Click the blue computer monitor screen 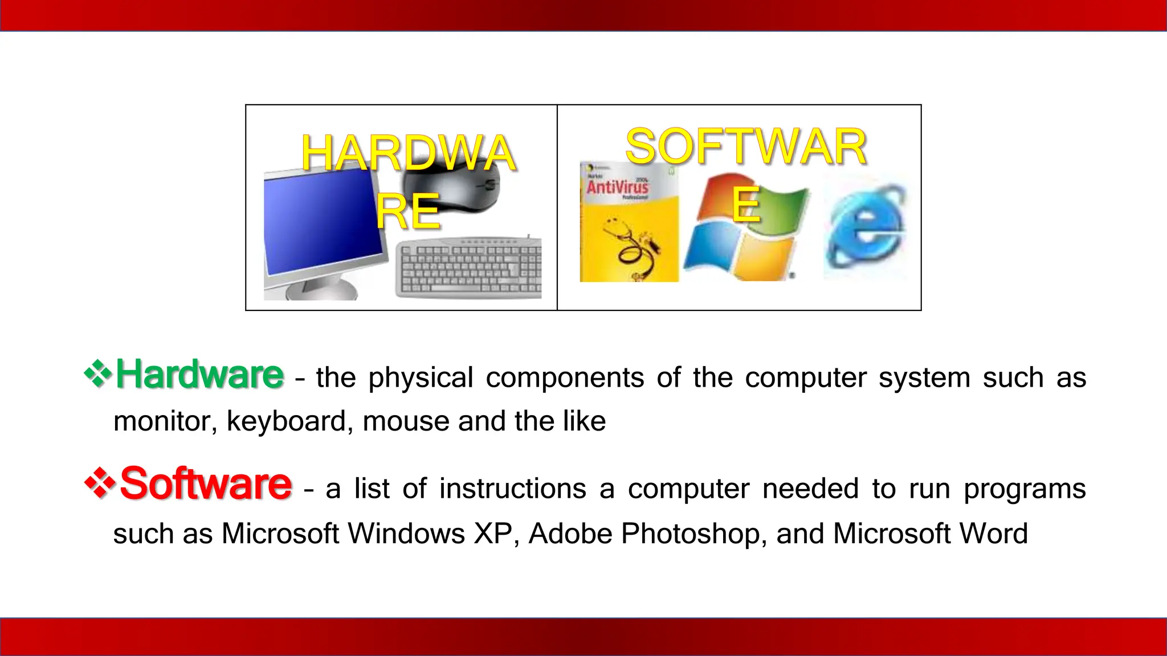point(322,222)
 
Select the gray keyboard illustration point(469,268)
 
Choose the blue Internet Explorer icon point(864,231)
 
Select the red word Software point(206,484)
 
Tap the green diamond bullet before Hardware point(98,374)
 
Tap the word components point(565,378)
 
